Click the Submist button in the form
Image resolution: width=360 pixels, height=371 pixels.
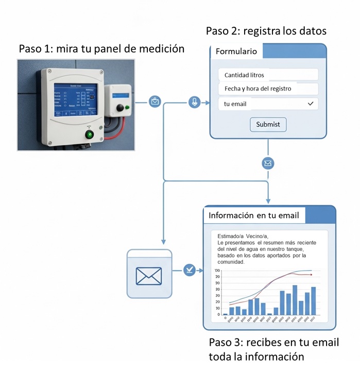(x=268, y=124)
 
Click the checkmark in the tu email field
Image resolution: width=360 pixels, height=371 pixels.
(x=310, y=104)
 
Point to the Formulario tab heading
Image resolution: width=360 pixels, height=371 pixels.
(x=236, y=52)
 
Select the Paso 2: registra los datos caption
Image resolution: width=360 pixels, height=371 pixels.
(x=266, y=31)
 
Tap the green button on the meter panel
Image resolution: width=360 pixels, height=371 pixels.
(x=90, y=135)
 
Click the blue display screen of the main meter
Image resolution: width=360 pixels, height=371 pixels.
(x=76, y=100)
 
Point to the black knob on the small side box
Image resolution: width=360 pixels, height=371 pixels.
(x=121, y=107)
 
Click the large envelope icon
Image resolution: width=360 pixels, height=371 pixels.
(x=149, y=276)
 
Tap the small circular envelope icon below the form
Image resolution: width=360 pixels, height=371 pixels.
(x=268, y=163)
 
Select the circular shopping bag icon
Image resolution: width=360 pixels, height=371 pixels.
(x=155, y=102)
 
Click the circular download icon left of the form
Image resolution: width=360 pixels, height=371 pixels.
(x=195, y=102)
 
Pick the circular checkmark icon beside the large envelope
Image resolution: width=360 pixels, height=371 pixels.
(x=190, y=269)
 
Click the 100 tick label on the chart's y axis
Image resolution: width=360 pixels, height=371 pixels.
(x=217, y=271)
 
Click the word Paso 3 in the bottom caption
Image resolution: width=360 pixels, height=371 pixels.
(x=225, y=343)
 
